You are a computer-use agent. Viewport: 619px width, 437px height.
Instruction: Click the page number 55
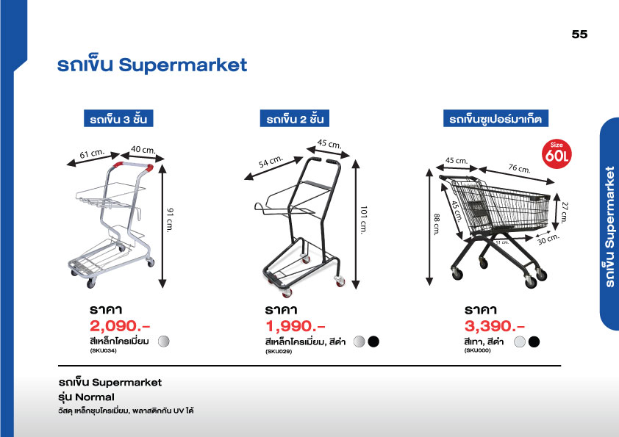[579, 35]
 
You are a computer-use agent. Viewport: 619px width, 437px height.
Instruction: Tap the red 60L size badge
[557, 154]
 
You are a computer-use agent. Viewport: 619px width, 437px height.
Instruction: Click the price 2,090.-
[120, 326]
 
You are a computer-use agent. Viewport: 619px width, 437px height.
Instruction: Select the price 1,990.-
[296, 326]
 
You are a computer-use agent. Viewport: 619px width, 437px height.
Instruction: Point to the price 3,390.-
[495, 326]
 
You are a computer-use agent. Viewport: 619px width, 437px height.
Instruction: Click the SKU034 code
[104, 350]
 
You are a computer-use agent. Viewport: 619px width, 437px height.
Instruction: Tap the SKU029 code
[279, 351]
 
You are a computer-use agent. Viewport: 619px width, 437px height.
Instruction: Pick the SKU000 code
[478, 350]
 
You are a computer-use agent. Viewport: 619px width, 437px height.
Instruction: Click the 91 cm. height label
[170, 220]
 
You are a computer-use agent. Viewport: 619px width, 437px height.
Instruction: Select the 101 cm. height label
[364, 220]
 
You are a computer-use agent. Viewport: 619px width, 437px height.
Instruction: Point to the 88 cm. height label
[437, 225]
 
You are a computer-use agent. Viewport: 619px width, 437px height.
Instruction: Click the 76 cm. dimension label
[520, 168]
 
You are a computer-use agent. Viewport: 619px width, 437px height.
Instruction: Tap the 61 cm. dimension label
[92, 154]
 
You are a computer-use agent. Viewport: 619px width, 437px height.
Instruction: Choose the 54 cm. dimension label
[271, 162]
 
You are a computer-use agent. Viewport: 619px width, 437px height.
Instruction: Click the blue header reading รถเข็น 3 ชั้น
[118, 118]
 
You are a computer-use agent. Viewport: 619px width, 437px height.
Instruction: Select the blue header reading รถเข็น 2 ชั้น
[295, 118]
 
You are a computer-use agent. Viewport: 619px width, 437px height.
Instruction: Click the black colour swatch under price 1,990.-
[373, 342]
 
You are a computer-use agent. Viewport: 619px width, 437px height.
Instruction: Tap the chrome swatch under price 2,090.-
[164, 342]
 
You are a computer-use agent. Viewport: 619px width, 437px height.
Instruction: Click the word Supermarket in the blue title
[183, 65]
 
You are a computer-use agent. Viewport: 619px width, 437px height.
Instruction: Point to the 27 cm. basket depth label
[565, 212]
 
